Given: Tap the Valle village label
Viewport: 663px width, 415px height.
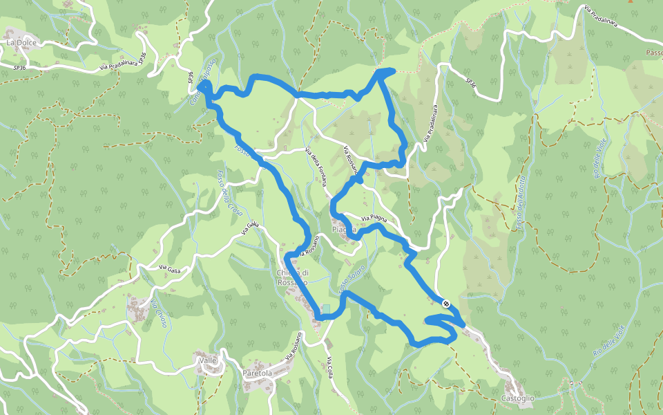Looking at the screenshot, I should [x=207, y=360].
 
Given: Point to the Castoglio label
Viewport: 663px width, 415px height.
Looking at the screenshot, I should [x=518, y=398].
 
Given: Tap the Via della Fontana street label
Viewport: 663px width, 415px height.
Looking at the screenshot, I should [x=316, y=169].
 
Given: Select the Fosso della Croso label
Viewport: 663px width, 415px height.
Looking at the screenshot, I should [x=227, y=190].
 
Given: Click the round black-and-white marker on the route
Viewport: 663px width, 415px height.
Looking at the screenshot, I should [x=446, y=304].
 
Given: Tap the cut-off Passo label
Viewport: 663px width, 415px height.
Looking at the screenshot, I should [x=653, y=53].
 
